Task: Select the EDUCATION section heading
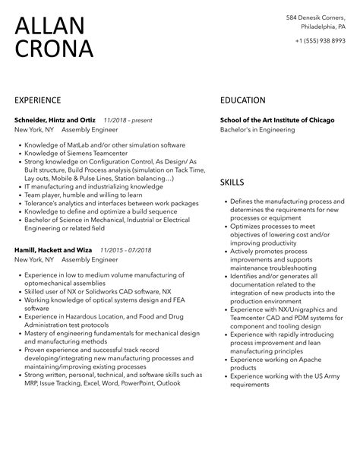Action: (x=242, y=100)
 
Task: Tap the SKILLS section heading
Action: (x=232, y=182)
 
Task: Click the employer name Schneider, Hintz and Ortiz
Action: (x=55, y=119)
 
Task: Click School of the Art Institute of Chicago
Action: (x=276, y=119)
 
